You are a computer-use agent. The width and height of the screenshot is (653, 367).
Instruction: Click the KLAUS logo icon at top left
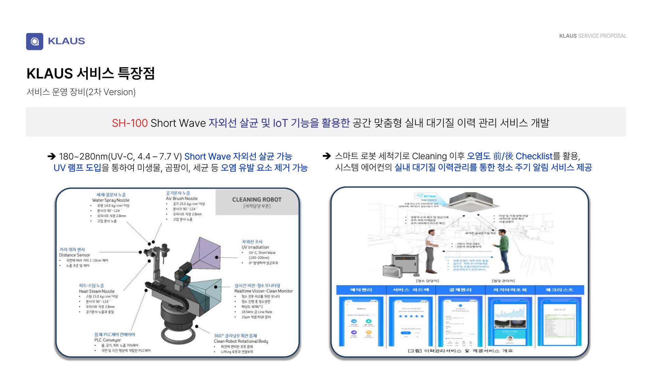click(x=34, y=41)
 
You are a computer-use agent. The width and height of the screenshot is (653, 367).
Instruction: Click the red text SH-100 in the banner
click(x=130, y=123)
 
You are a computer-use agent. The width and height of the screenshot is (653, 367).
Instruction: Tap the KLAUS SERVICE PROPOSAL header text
click(x=592, y=36)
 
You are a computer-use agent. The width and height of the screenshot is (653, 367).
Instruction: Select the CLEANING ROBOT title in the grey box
click(x=257, y=200)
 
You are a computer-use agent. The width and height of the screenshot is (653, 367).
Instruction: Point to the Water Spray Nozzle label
click(x=111, y=200)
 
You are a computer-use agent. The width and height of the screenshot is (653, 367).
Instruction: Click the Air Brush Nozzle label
click(x=182, y=198)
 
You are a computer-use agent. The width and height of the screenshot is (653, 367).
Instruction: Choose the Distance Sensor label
click(x=74, y=255)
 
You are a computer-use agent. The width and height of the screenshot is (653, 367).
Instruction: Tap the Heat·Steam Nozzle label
click(x=97, y=291)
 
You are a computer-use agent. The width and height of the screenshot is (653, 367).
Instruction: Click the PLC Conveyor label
click(x=107, y=340)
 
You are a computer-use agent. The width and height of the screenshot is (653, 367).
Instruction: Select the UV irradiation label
click(x=255, y=247)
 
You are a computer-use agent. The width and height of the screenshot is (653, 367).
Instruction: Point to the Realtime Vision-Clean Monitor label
click(x=263, y=291)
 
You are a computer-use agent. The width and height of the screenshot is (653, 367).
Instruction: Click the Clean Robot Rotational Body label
click(x=241, y=341)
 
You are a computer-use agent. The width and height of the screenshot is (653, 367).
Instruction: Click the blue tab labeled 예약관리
click(x=361, y=290)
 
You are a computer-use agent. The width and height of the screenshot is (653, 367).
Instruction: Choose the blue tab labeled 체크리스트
click(x=559, y=290)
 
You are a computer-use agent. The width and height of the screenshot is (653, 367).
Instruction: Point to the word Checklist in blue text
click(x=534, y=156)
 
